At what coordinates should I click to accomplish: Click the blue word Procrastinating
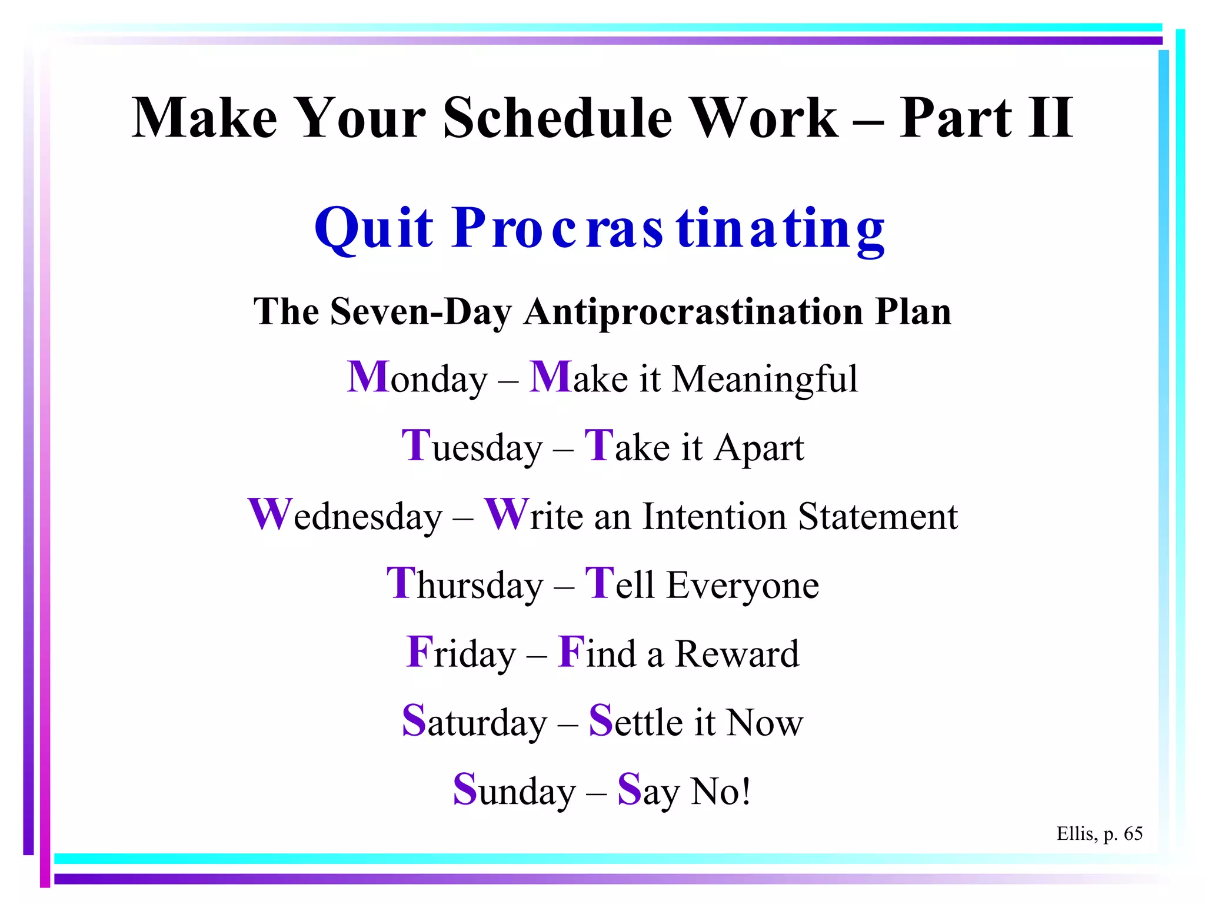[669, 230]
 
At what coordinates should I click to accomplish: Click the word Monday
[417, 378]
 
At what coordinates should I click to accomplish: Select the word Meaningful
[764, 379]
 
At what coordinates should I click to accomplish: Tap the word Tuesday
[472, 447]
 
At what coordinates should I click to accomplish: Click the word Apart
[759, 448]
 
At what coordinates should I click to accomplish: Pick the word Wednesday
[345, 516]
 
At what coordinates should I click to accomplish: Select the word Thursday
[465, 585]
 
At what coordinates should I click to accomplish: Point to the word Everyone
[743, 586]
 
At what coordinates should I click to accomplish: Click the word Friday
[461, 653]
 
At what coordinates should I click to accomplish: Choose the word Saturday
[474, 722]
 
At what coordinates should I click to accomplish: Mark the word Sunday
[514, 791]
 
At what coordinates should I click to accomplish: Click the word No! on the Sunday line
[721, 791]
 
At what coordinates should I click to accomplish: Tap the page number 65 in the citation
[1133, 833]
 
